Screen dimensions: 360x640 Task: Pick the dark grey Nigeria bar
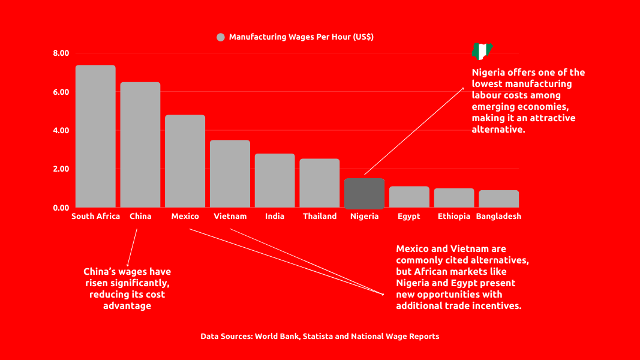point(365,193)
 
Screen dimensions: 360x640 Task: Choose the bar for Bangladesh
point(498,199)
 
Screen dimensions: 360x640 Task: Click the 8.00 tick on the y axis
point(61,53)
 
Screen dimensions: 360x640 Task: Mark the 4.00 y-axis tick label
point(61,131)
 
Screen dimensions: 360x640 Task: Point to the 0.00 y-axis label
point(61,208)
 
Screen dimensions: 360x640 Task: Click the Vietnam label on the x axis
point(230,217)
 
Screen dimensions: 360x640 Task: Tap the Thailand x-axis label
point(320,217)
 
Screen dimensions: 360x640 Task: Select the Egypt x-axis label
point(409,217)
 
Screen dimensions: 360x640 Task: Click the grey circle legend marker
point(221,37)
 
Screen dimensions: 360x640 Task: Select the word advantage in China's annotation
point(127,306)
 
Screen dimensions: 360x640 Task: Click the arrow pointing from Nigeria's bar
point(414,131)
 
